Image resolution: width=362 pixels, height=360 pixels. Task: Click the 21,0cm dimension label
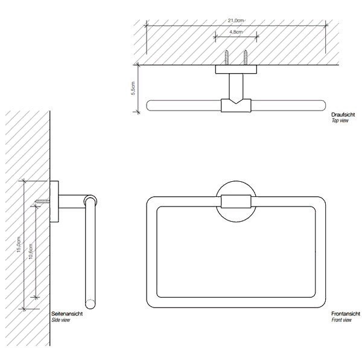(x=236, y=21)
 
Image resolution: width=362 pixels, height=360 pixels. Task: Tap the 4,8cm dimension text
(x=236, y=32)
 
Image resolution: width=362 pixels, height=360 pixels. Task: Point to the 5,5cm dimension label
(x=133, y=88)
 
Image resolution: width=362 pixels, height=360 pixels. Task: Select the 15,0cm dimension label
(x=19, y=244)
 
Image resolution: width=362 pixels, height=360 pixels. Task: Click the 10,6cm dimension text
(x=31, y=251)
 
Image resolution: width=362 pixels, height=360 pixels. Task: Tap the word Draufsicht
(x=343, y=115)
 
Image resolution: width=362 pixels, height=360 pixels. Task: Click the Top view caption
(x=340, y=120)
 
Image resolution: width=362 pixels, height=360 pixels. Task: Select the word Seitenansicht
(x=67, y=313)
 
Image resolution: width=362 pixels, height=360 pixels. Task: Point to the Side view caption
(x=60, y=320)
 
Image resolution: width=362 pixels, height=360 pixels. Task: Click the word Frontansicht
(x=346, y=313)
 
